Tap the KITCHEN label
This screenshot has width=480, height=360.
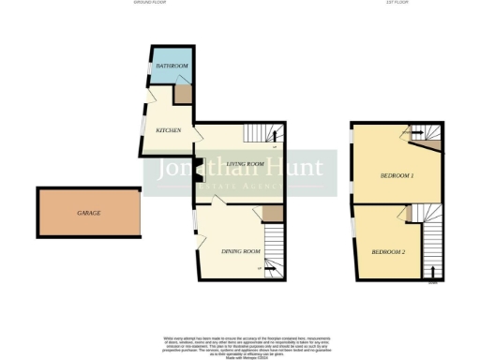(x=168, y=130)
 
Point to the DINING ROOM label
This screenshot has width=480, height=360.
(x=240, y=252)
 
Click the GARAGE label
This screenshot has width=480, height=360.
(x=89, y=214)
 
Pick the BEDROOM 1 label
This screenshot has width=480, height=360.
(x=397, y=175)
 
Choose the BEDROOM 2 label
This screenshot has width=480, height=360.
(x=388, y=253)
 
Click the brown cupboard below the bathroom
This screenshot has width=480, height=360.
(x=183, y=95)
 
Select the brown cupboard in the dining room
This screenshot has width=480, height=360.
(x=272, y=215)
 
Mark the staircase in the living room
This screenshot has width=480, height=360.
(x=271, y=137)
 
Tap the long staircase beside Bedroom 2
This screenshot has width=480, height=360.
(x=431, y=246)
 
